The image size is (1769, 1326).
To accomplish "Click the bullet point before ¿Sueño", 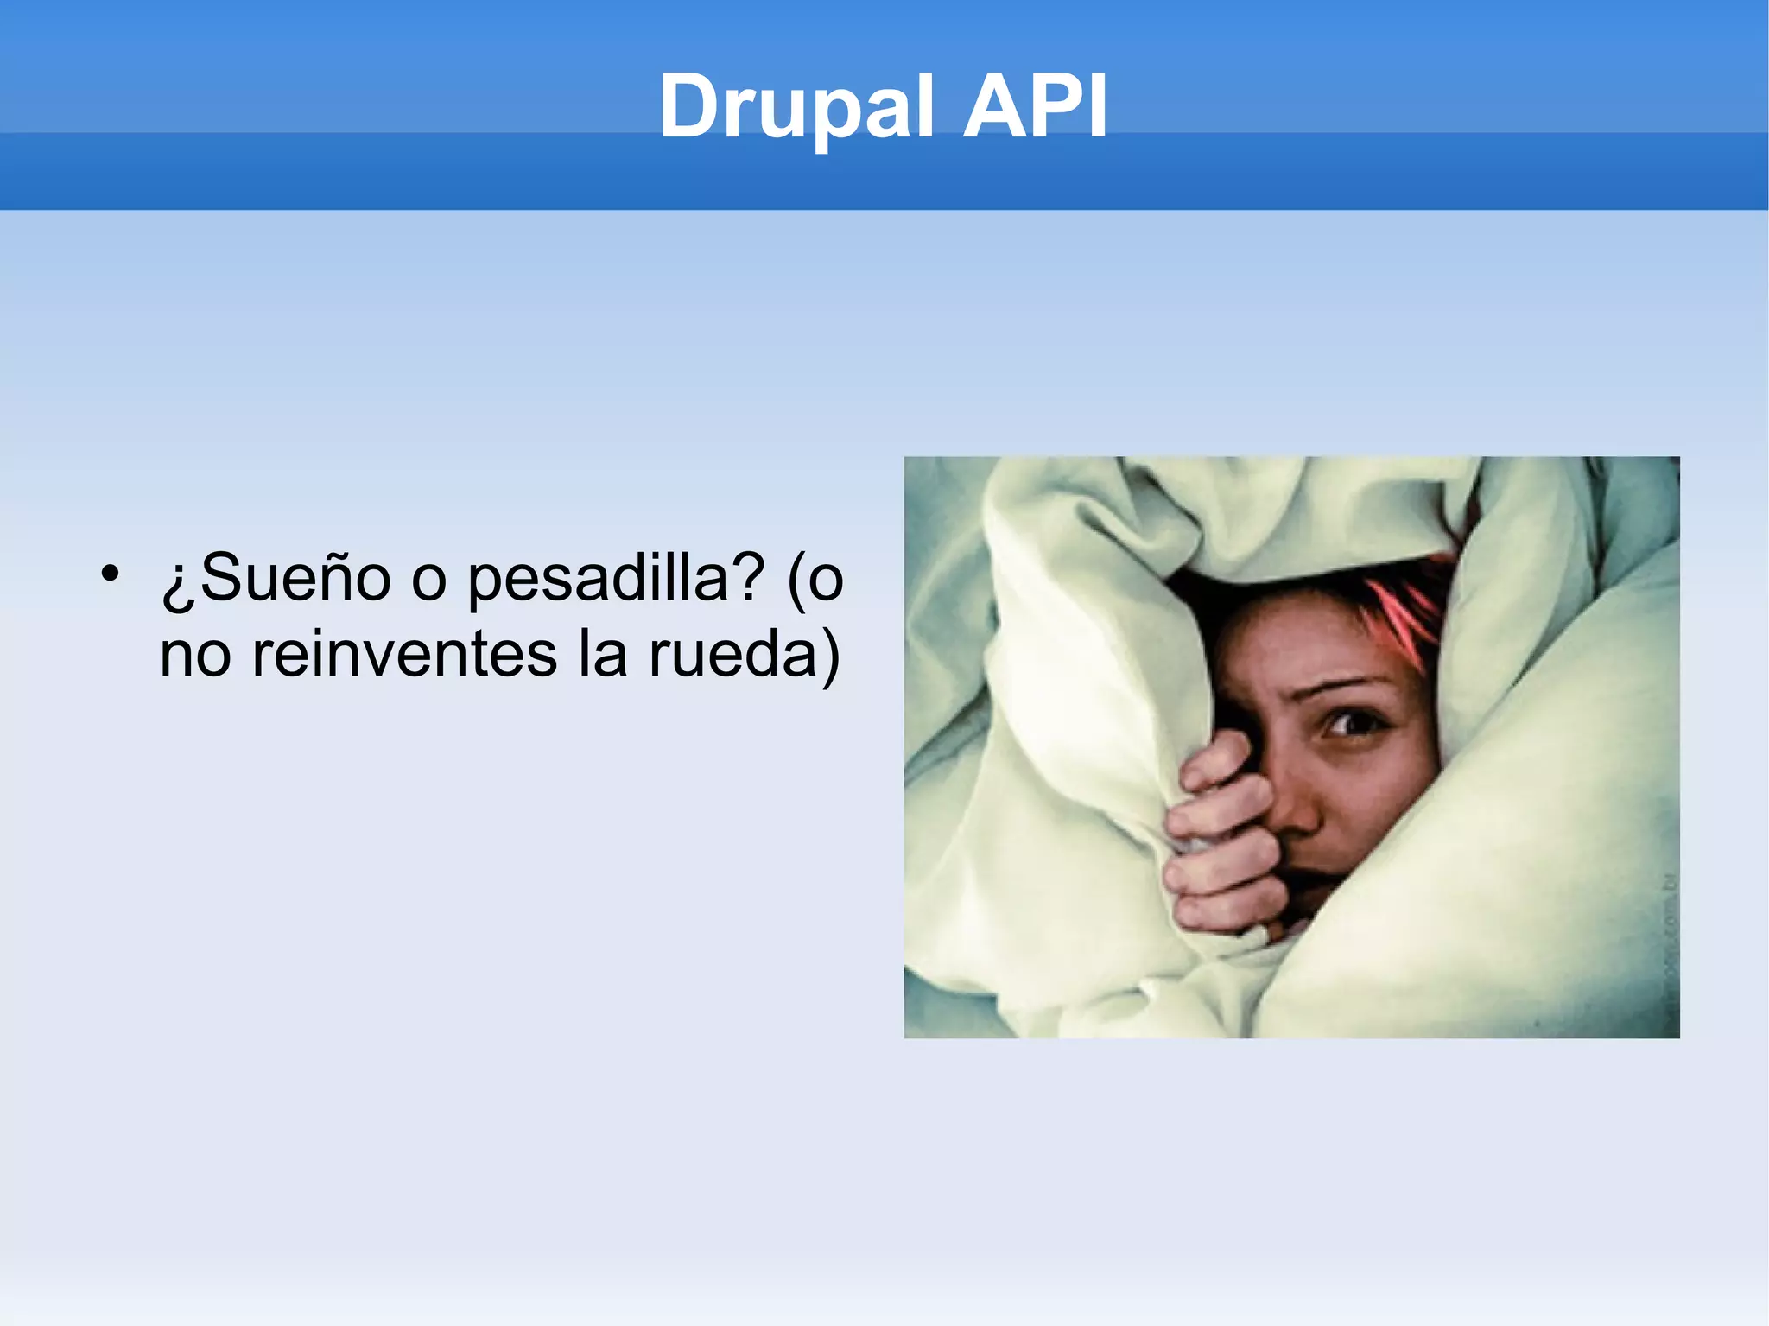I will point(109,574).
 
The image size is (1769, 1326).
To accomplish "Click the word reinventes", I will point(404,654).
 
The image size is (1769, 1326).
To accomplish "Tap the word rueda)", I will point(744,654).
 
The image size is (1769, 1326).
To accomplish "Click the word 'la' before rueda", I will point(602,654).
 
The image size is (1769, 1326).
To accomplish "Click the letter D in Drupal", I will point(690,106).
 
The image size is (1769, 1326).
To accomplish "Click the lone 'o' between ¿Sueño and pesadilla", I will point(428,581).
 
